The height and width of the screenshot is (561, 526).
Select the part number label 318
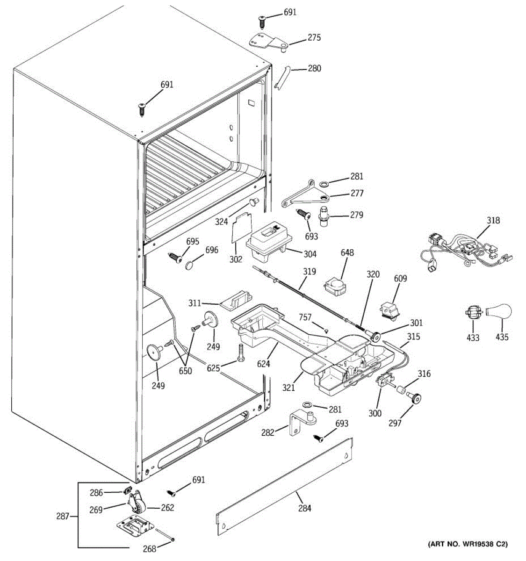(x=493, y=221)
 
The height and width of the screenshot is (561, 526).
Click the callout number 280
(x=314, y=69)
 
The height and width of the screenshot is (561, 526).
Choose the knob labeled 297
(x=414, y=398)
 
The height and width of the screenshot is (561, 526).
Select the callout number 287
(x=63, y=517)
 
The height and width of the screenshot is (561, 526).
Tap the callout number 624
(x=264, y=363)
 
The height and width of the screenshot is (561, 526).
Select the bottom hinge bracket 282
(x=300, y=423)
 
